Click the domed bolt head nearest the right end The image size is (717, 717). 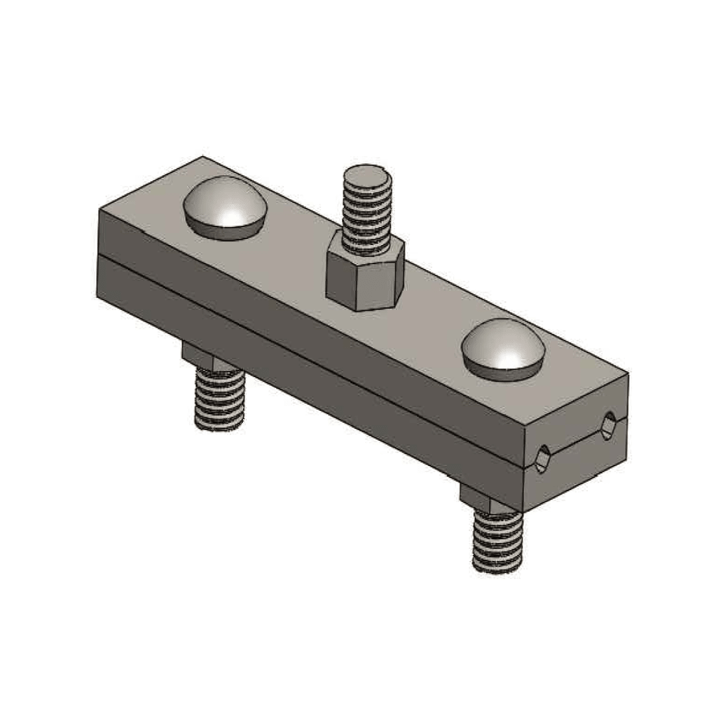503,350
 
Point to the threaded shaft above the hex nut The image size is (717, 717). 365,212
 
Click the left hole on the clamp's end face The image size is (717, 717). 542,459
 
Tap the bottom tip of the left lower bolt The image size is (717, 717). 219,426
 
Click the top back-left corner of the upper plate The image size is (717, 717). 202,158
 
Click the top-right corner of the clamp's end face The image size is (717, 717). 627,375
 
